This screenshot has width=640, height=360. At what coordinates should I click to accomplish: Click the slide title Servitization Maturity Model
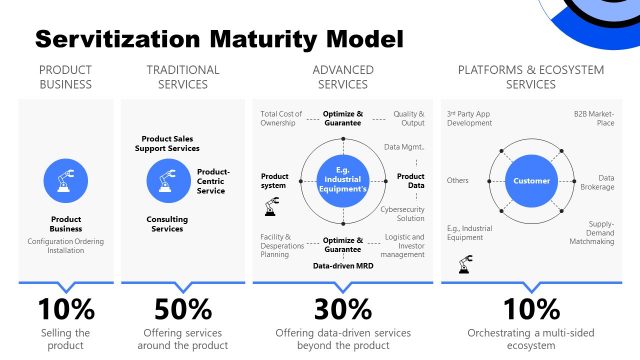[x=219, y=41]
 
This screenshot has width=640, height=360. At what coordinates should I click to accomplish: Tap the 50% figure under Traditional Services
[x=182, y=308]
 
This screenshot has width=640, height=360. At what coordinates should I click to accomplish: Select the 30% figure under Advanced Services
[x=343, y=308]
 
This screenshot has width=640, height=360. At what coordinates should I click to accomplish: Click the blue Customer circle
[x=531, y=181]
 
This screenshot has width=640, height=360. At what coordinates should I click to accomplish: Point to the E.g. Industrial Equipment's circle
[x=343, y=181]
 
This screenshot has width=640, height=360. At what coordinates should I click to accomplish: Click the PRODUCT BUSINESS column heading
[x=66, y=77]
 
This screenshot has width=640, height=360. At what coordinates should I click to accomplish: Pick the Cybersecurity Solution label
[x=403, y=213]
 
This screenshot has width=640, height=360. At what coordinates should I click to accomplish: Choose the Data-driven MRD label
[x=343, y=266]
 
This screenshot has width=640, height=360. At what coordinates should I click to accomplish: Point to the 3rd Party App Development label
[x=470, y=119]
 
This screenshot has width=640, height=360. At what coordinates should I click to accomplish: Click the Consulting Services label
[x=165, y=223]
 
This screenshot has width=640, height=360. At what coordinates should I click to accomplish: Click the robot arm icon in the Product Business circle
[x=66, y=181]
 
